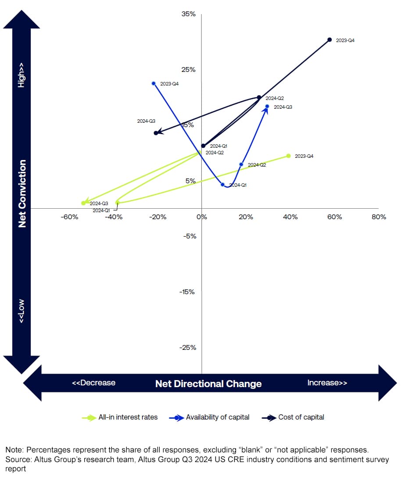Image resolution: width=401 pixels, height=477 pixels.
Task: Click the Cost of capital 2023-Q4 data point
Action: click(x=329, y=40)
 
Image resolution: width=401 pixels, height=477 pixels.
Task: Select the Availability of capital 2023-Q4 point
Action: click(x=154, y=83)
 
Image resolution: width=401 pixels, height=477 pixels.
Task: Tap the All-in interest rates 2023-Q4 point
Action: click(x=288, y=156)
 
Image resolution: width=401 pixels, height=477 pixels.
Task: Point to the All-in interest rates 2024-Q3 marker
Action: click(x=83, y=203)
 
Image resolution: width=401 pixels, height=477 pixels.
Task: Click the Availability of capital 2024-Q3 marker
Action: click(x=267, y=106)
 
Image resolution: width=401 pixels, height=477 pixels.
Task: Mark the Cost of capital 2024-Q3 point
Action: click(x=156, y=133)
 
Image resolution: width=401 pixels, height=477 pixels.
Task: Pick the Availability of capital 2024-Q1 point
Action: click(x=222, y=185)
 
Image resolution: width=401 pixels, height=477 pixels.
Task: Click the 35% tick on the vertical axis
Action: click(x=189, y=14)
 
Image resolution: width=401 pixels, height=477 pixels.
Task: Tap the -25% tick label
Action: click(x=187, y=348)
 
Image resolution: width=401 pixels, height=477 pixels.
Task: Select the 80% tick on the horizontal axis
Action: click(x=379, y=217)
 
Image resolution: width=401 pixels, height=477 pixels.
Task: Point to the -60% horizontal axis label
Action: click(x=69, y=217)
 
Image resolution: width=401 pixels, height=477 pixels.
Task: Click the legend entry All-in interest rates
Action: click(x=128, y=417)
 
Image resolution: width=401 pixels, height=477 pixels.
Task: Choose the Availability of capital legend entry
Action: click(x=217, y=417)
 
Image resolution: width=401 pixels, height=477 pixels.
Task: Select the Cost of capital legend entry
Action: click(x=301, y=417)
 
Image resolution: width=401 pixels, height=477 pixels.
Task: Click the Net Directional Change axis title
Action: click(x=208, y=384)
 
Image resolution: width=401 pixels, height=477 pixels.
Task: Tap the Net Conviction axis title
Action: click(x=22, y=193)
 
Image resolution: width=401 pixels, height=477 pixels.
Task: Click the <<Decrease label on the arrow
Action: click(x=93, y=383)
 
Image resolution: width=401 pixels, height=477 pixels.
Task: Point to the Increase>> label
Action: click(x=327, y=383)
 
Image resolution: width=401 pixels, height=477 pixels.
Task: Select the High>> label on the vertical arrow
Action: click(x=21, y=74)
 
